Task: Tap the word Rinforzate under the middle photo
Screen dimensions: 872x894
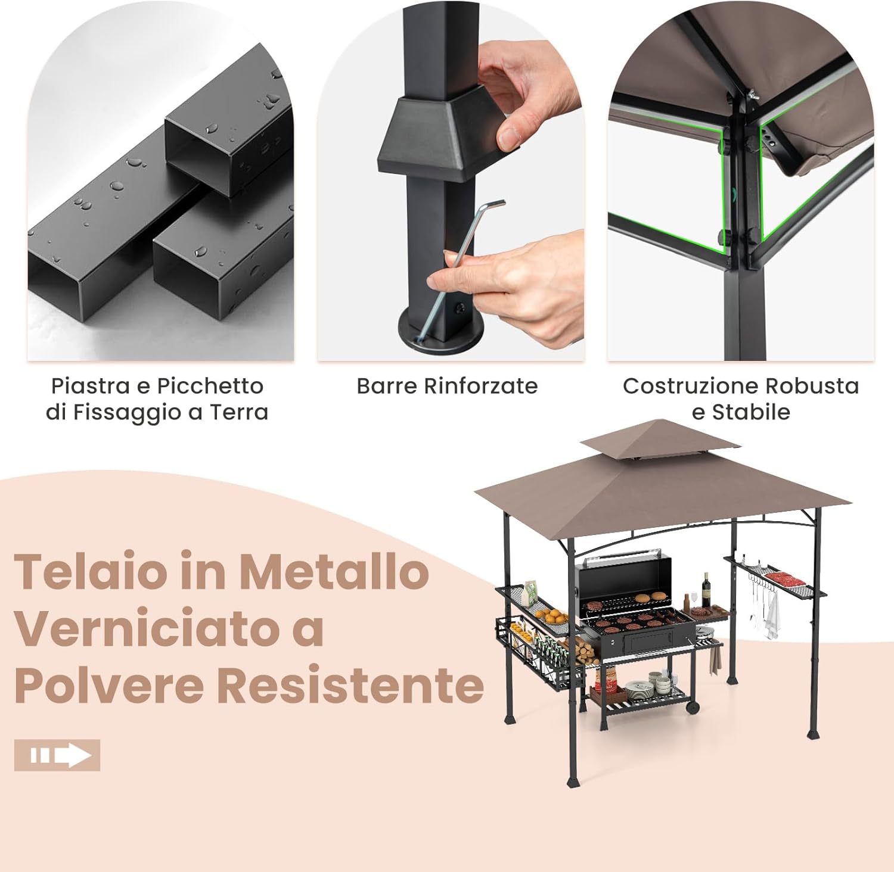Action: click(480, 386)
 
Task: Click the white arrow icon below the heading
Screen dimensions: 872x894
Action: click(57, 755)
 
